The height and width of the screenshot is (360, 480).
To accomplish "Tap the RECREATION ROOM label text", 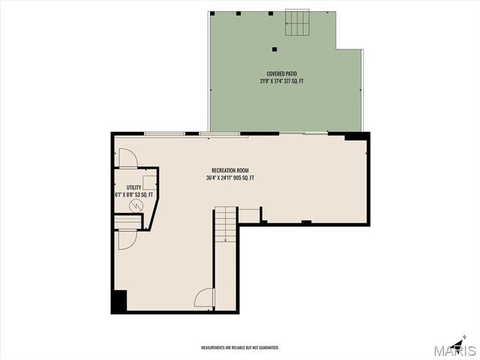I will tap(230, 171).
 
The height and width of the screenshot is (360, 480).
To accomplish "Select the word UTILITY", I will tap(133, 187).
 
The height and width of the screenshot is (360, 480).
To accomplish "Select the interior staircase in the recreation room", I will tap(225, 225).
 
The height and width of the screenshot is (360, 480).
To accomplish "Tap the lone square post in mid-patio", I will tap(274, 49).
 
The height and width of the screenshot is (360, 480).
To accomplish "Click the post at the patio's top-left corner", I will tap(213, 13).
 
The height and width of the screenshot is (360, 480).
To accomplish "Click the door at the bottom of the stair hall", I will tap(204, 298).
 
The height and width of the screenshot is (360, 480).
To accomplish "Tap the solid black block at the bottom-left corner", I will tap(118, 301).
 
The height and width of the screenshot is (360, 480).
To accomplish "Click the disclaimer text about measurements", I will tap(239, 348).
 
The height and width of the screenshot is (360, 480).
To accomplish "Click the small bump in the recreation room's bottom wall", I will tap(305, 221).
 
